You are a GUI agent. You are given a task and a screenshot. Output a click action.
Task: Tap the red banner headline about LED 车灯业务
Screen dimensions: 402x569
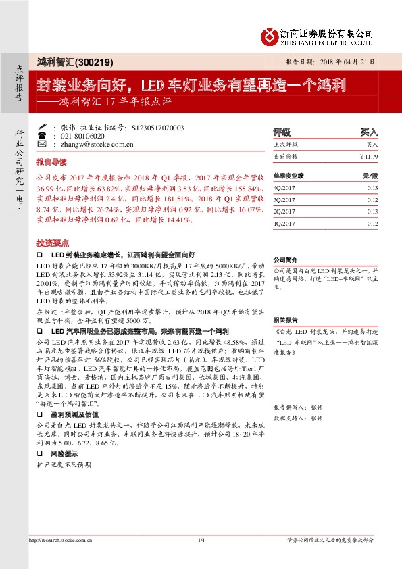coord(191,85)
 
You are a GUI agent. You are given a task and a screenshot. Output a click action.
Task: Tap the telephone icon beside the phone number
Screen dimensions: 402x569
coord(42,135)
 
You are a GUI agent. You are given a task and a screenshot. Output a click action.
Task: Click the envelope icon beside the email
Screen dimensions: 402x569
coord(42,144)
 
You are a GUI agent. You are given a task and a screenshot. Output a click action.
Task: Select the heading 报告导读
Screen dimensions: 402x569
coord(51,163)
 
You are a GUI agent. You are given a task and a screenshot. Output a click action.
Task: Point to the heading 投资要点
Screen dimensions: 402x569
coord(51,242)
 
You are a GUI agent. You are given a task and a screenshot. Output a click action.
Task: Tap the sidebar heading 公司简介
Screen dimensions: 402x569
coord(286,259)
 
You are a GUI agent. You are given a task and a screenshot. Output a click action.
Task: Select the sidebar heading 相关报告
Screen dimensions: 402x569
coord(286,319)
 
